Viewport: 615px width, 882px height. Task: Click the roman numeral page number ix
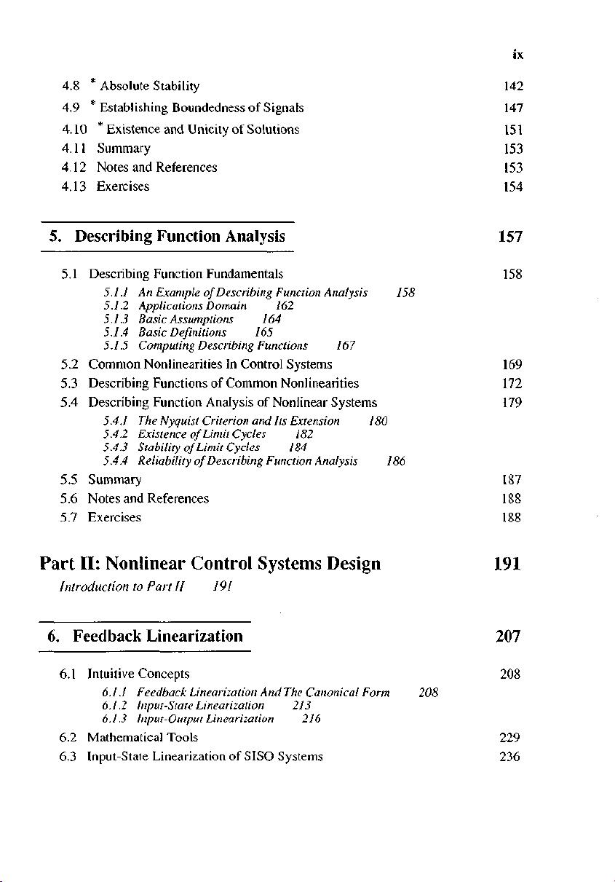(517, 55)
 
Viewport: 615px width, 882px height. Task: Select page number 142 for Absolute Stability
(513, 87)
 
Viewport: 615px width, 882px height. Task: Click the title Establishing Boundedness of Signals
(202, 109)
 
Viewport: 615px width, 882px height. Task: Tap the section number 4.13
(74, 186)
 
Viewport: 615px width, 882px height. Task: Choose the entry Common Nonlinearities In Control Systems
(210, 364)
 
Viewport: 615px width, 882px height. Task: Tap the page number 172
(512, 383)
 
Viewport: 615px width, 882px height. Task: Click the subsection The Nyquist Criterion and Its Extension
(239, 421)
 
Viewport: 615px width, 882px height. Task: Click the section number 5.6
(71, 499)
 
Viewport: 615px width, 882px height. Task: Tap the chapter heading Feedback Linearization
(158, 636)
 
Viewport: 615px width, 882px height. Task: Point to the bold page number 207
(507, 637)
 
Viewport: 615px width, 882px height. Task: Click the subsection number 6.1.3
(116, 719)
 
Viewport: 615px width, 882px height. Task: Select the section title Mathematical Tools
(142, 738)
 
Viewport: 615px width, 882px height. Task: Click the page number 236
(510, 757)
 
